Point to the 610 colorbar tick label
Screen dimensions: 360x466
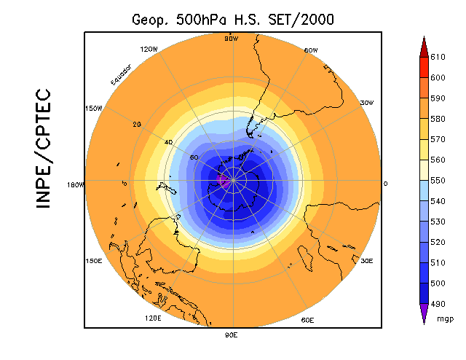(x=438, y=55)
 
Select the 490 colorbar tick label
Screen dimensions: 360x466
(x=438, y=303)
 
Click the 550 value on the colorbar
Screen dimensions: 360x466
(x=438, y=179)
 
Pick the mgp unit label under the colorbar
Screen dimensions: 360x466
(x=445, y=318)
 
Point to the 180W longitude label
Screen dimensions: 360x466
(x=76, y=184)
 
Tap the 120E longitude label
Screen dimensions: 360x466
(x=154, y=318)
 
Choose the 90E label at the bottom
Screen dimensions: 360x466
(x=231, y=334)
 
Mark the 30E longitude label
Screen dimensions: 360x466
(x=366, y=260)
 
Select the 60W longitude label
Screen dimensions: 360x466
(x=310, y=50)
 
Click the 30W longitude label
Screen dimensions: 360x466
(x=366, y=103)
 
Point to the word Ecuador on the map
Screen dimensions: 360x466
(x=121, y=74)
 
